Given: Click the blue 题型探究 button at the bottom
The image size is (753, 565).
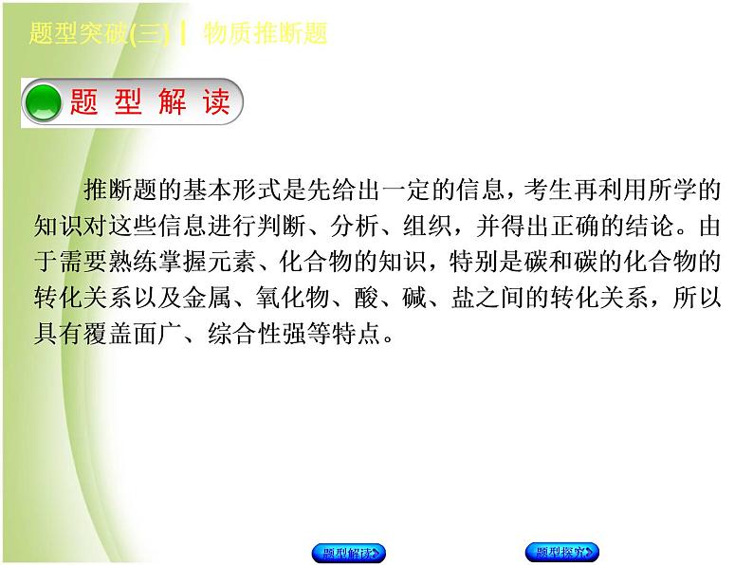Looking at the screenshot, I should pos(563,552).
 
